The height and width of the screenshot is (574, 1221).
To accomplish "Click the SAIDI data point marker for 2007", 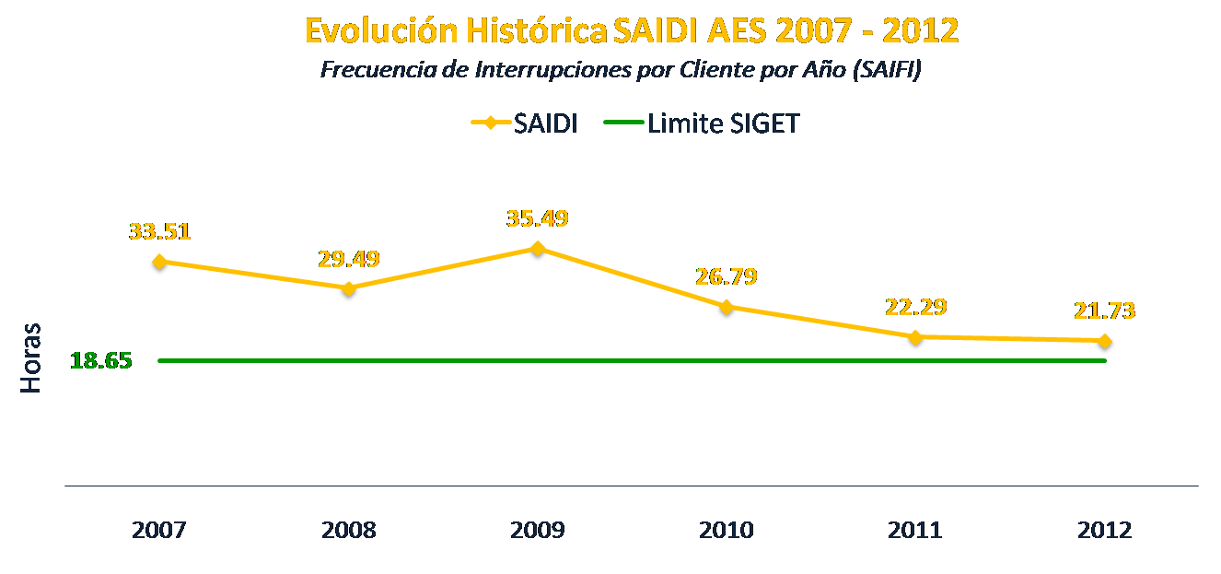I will point(159,264).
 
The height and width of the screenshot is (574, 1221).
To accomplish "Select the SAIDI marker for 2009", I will point(538,251).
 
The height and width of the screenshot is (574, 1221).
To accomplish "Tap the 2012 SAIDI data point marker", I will point(1105,343).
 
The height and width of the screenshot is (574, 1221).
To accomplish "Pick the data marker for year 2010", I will point(727,309).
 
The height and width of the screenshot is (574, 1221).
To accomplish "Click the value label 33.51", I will point(159,230).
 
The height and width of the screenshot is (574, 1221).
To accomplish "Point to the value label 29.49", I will point(349,258).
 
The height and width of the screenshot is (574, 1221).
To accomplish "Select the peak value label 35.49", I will point(538,218).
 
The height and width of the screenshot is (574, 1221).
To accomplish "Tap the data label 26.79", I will point(727,276).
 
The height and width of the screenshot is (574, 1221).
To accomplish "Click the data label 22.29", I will point(916,307).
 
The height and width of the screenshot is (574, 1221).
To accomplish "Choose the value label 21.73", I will point(1104,310).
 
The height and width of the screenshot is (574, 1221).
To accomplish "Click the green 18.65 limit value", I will point(101,360).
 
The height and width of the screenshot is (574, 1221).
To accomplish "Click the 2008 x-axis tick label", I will point(349,531).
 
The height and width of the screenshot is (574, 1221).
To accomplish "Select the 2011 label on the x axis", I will point(915,531).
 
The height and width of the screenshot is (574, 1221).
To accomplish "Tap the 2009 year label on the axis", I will point(538,531).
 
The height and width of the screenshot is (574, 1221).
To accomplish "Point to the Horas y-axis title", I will point(32,357).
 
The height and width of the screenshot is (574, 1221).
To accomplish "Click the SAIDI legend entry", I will point(524,123).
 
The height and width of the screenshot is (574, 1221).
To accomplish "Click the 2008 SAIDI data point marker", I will point(348,291).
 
